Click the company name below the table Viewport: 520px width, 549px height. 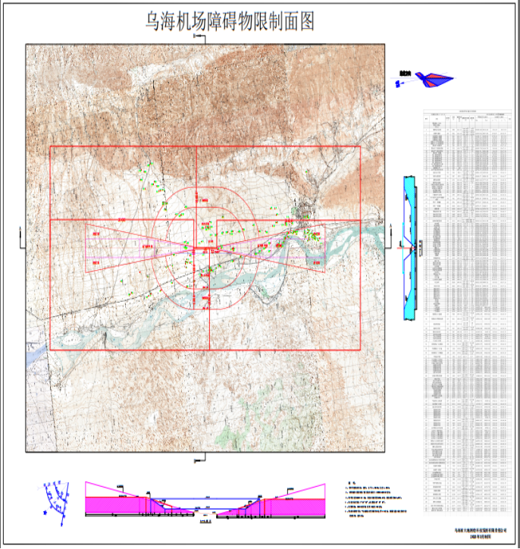coord(476,532)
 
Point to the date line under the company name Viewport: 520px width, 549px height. coord(476,539)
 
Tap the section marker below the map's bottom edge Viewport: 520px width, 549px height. coord(201,457)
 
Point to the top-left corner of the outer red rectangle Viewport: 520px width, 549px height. coord(50,146)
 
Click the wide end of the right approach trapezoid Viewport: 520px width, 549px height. coord(324,247)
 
